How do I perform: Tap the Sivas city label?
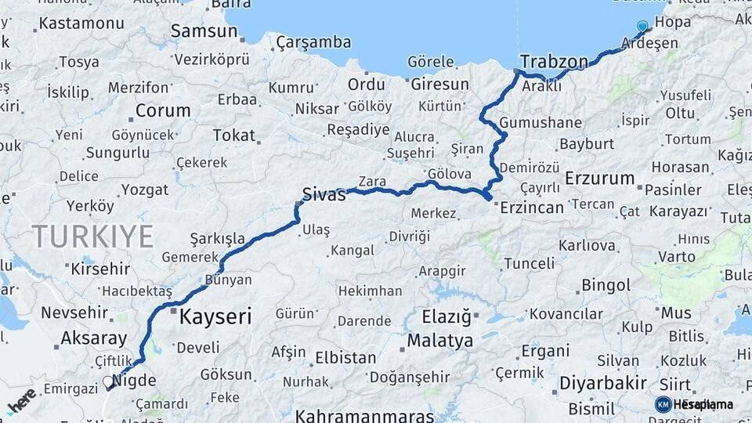click(x=324, y=195)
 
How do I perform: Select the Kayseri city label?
click(x=215, y=316)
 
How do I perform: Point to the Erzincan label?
click(x=532, y=208)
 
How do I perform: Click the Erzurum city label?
click(x=599, y=179)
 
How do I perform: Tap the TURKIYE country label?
click(x=92, y=236)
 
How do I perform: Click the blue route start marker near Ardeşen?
click(x=642, y=27)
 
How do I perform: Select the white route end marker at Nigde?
click(x=107, y=382)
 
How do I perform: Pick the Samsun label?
click(x=204, y=32)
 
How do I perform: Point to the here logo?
click(x=22, y=400)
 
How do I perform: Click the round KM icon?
click(x=663, y=404)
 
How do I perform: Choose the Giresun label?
click(x=439, y=84)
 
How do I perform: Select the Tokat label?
click(x=234, y=136)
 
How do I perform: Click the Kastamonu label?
click(x=81, y=23)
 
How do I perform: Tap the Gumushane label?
click(x=540, y=123)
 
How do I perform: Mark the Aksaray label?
click(x=94, y=339)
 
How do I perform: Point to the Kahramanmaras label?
click(x=365, y=415)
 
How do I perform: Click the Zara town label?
click(x=372, y=182)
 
